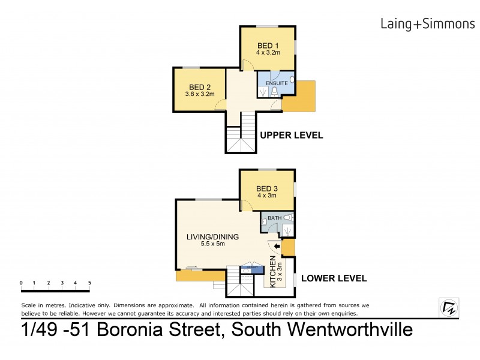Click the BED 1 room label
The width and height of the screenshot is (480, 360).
point(268,46)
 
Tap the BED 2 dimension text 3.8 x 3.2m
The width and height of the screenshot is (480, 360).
point(200,94)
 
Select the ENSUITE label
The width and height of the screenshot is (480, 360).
point(275,83)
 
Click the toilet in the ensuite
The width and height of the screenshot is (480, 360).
point(274,91)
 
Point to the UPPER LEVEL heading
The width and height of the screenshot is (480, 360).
point(292,136)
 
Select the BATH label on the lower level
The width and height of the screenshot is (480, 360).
point(274,218)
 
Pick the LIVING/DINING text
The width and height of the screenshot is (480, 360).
point(212,236)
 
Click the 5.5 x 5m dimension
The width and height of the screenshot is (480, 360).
point(212,244)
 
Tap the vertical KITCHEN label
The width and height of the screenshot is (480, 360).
point(273,272)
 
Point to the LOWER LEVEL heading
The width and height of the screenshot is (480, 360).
point(334,279)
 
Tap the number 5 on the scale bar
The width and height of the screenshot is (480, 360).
point(89,282)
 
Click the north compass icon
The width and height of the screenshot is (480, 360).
point(449,308)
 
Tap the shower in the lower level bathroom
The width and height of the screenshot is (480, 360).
point(288,230)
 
